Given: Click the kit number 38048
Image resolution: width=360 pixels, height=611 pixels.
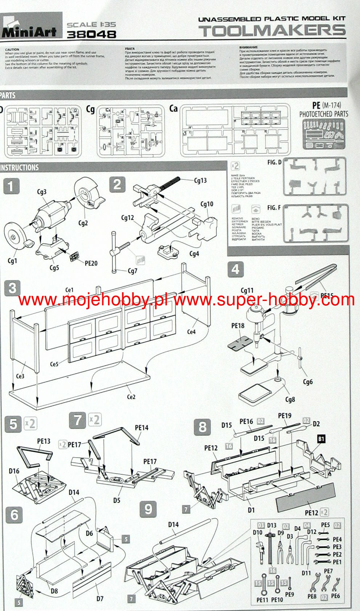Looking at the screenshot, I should pyautogui.click(x=91, y=34).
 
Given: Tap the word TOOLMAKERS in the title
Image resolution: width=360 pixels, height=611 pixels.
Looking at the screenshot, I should pyautogui.click(x=273, y=31).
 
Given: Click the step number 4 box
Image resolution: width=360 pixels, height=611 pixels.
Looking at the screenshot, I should pyautogui.click(x=235, y=269).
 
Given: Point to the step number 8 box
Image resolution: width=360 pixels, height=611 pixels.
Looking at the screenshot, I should pyautogui.click(x=202, y=427).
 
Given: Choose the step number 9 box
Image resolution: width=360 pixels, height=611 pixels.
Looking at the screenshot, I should pyautogui.click(x=148, y=509).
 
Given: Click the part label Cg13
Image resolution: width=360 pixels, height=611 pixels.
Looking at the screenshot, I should pyautogui.click(x=200, y=181).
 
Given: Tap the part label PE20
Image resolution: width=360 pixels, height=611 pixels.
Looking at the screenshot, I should pyautogui.click(x=91, y=263).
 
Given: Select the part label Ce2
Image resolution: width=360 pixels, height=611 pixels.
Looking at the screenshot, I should pyautogui.click(x=131, y=397).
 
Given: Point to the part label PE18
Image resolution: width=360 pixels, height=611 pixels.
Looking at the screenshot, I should pyautogui.click(x=238, y=326).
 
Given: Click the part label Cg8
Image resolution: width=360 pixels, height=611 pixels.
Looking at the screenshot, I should pyautogui.click(x=290, y=399).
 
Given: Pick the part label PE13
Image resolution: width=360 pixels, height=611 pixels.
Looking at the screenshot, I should pyautogui.click(x=44, y=441).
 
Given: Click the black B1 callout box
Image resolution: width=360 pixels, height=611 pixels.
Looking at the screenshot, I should pyautogui.click(x=321, y=439).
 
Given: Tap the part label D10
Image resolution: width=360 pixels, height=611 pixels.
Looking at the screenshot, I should pyautogui.click(x=257, y=532).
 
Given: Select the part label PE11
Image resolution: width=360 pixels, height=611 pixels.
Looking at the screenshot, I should pyautogui.click(x=262, y=600).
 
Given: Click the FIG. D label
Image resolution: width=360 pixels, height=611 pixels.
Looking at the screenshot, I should pyautogui.click(x=274, y=162).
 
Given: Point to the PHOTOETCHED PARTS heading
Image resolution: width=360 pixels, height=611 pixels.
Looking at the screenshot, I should pyautogui.click(x=323, y=114).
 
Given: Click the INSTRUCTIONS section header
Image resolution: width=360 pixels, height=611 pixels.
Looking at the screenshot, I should pyautogui.click(x=20, y=168).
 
